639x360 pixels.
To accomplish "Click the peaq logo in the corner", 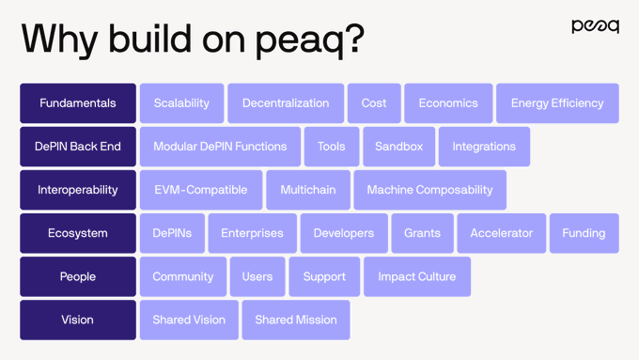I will tap(595, 26).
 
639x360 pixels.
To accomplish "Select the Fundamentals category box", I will tap(78, 103).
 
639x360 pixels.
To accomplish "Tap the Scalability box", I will tap(181, 103).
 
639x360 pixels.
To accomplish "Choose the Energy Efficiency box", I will tap(557, 103).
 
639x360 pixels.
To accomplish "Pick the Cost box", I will tap(374, 103).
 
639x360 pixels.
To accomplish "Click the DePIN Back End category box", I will tap(78, 147).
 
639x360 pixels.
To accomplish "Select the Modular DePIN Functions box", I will tap(220, 147).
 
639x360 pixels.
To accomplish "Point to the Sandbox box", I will tap(398, 147).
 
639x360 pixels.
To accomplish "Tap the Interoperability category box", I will tap(78, 190).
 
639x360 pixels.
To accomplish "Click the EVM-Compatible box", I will tap(201, 190).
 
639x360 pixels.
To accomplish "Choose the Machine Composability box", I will tap(429, 190).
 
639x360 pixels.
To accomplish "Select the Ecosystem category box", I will tap(78, 233).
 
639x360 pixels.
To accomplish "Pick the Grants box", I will tap(422, 233).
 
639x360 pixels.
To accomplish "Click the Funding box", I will tap(584, 233).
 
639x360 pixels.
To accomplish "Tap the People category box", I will tap(78, 276).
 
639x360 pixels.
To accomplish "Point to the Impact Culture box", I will tap(416, 276).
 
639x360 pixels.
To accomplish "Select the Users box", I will tap(257, 276).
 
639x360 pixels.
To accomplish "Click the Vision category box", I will tap(78, 320).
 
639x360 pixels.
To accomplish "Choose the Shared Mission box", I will tap(296, 320).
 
